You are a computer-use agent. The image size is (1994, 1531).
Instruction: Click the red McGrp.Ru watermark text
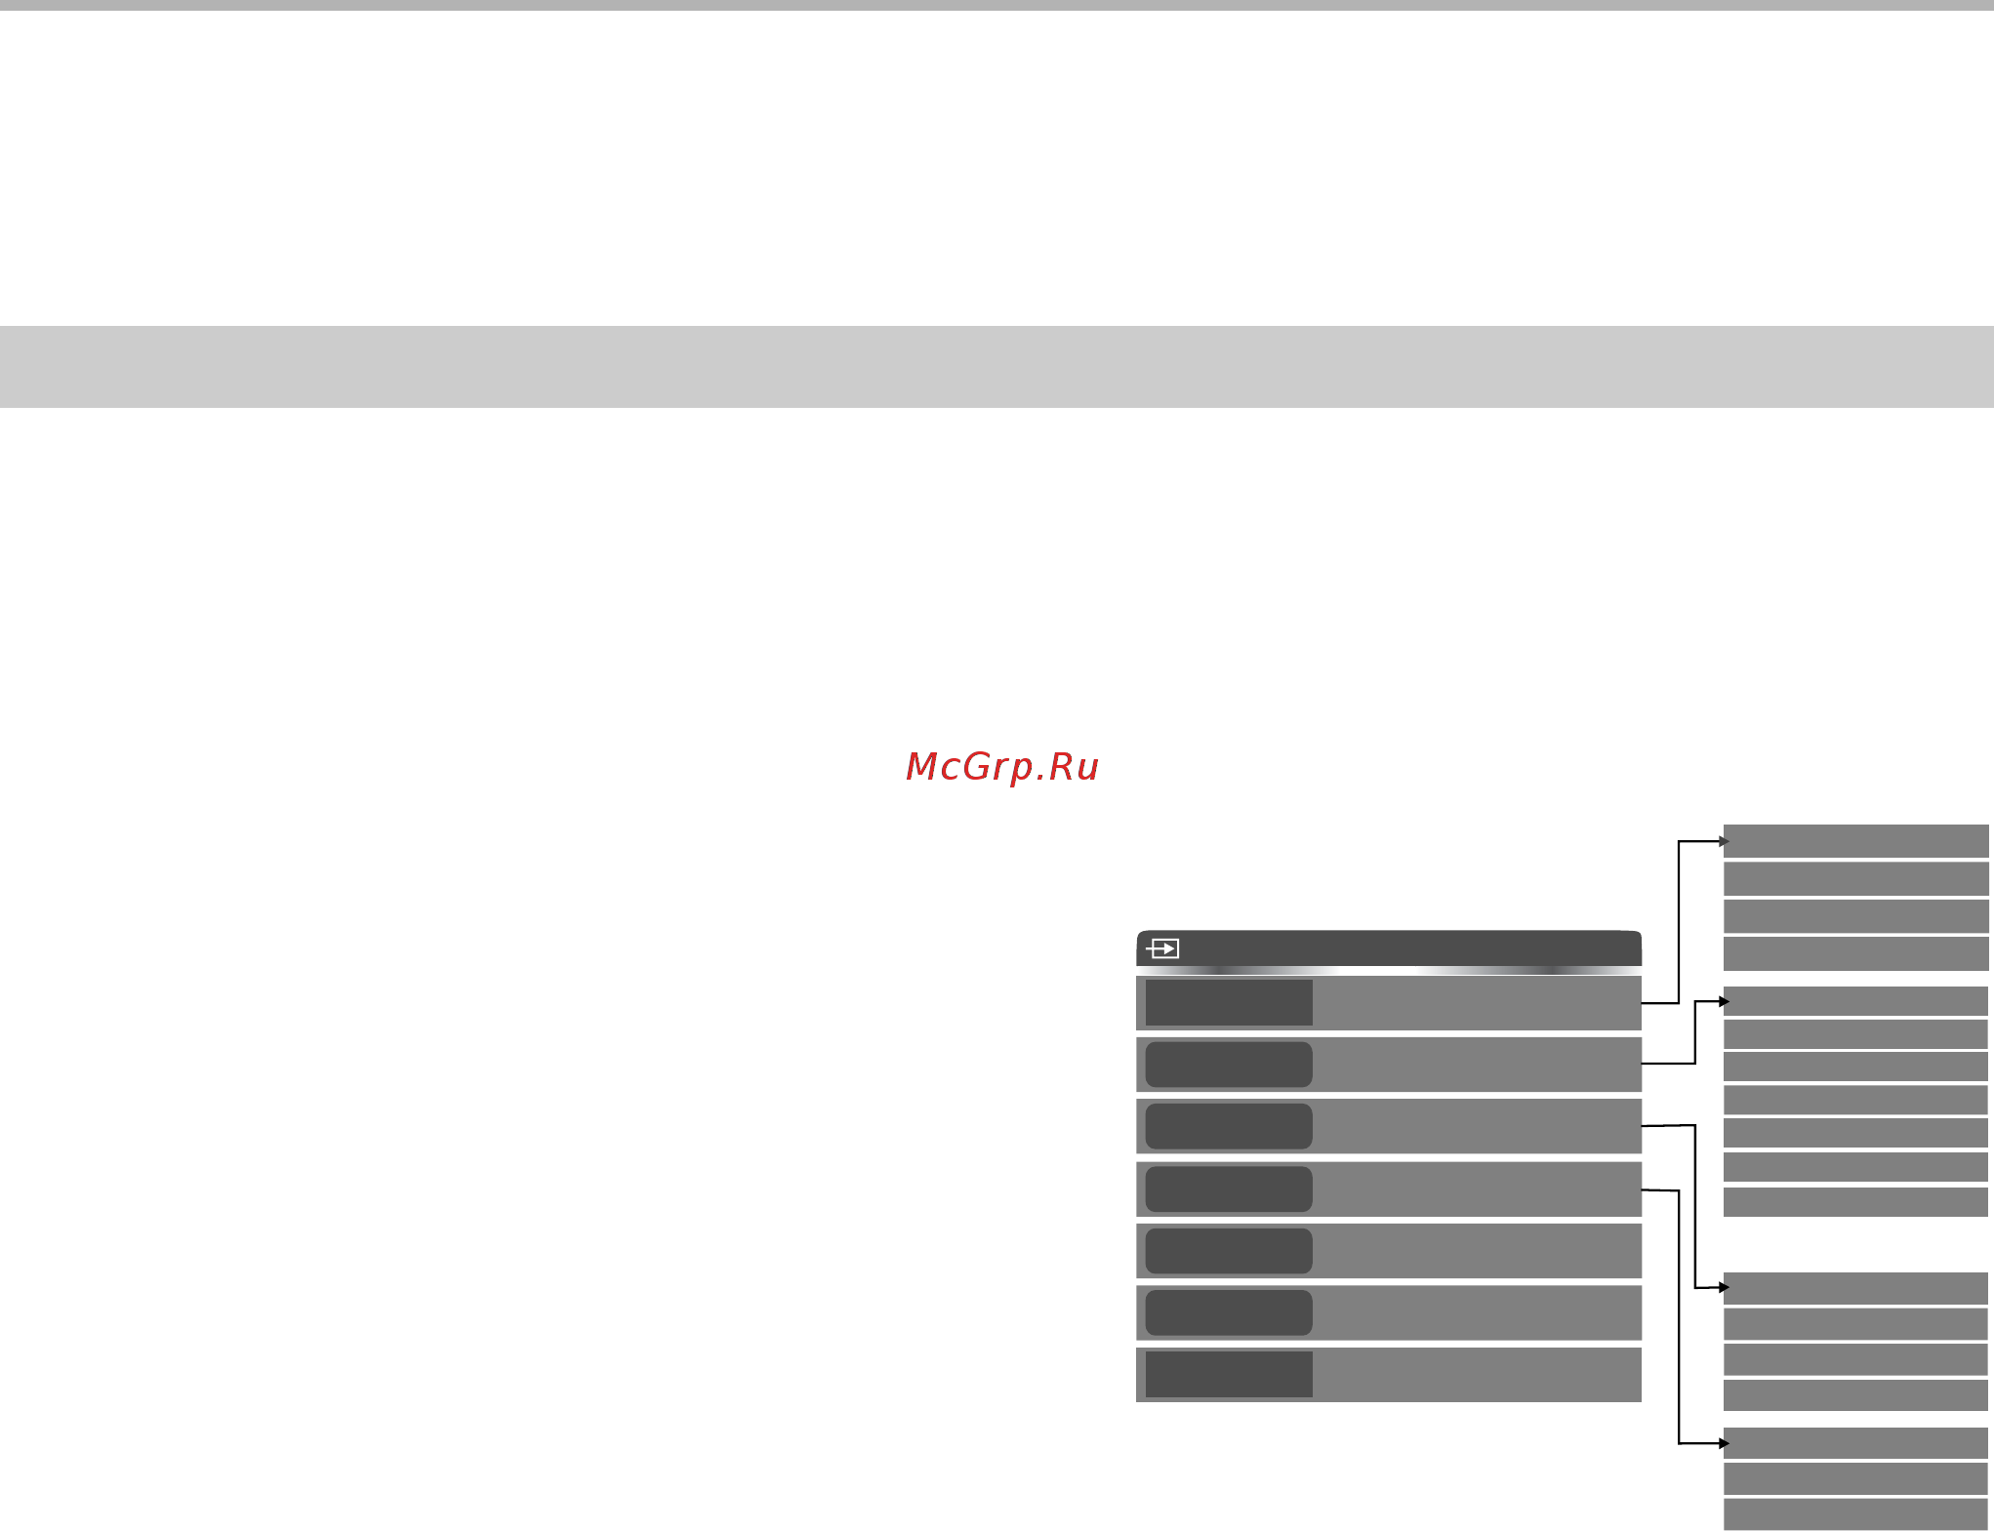1002,767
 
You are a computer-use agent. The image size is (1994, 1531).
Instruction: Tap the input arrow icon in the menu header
1162,948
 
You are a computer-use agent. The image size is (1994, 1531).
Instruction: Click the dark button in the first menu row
1229,1002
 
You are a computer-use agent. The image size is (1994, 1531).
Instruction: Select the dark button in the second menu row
1229,1065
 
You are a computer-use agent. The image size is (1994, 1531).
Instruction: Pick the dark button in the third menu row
1229,1126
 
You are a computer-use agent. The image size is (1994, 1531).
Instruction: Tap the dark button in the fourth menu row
1229,1189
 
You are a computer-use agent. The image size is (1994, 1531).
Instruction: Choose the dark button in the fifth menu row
1229,1251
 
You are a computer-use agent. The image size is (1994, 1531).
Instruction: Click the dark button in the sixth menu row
1229,1312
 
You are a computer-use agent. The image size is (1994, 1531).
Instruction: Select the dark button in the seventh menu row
1229,1374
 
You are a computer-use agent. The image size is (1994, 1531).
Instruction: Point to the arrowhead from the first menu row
1725,841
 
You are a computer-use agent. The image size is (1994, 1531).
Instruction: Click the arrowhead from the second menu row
1725,1001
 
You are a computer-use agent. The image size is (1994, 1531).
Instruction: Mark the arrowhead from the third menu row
1725,1288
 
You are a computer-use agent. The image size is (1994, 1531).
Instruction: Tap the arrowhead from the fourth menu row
1725,1443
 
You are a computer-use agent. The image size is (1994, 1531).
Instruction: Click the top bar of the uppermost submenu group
1856,841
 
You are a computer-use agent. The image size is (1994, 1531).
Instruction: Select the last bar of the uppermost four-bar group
1856,954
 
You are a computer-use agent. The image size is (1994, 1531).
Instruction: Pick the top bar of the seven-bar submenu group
1856,1001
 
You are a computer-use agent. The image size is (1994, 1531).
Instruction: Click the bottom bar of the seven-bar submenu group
1856,1202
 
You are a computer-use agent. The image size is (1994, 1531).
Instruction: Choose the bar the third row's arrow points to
1856,1288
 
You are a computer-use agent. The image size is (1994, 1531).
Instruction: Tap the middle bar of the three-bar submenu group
1856,1478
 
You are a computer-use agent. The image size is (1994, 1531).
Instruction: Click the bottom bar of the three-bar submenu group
1856,1514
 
